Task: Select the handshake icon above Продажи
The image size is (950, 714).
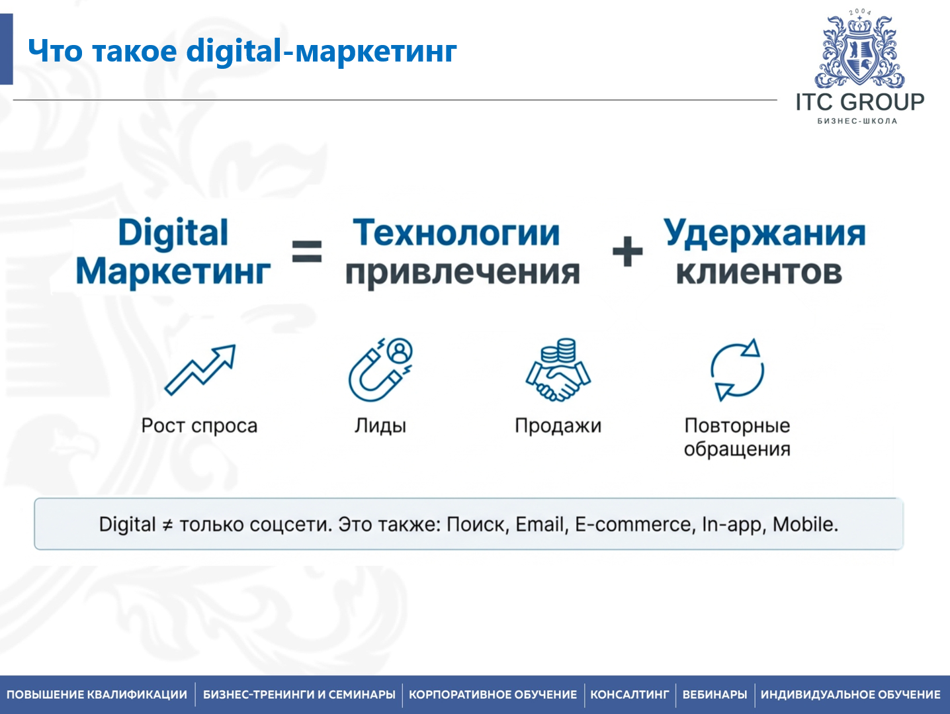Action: tap(558, 371)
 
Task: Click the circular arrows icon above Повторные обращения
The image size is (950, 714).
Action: tap(737, 370)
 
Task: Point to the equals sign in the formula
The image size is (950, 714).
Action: tap(307, 251)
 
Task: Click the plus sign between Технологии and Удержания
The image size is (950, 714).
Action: tap(627, 251)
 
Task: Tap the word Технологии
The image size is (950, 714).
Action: tap(456, 233)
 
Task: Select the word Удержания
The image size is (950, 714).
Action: tap(764, 233)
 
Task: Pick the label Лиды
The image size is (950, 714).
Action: tap(380, 425)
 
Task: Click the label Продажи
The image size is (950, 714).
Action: tap(558, 425)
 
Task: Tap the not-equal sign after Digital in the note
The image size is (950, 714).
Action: tap(167, 525)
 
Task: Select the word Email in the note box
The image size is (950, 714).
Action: tap(540, 525)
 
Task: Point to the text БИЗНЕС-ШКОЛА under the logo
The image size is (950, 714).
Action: tap(857, 121)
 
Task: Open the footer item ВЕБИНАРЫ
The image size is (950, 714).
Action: tap(714, 695)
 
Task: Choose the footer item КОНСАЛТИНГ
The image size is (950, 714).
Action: tap(629, 695)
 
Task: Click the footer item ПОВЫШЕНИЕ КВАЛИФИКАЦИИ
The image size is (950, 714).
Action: tap(97, 695)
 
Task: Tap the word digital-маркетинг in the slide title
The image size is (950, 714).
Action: tap(322, 51)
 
